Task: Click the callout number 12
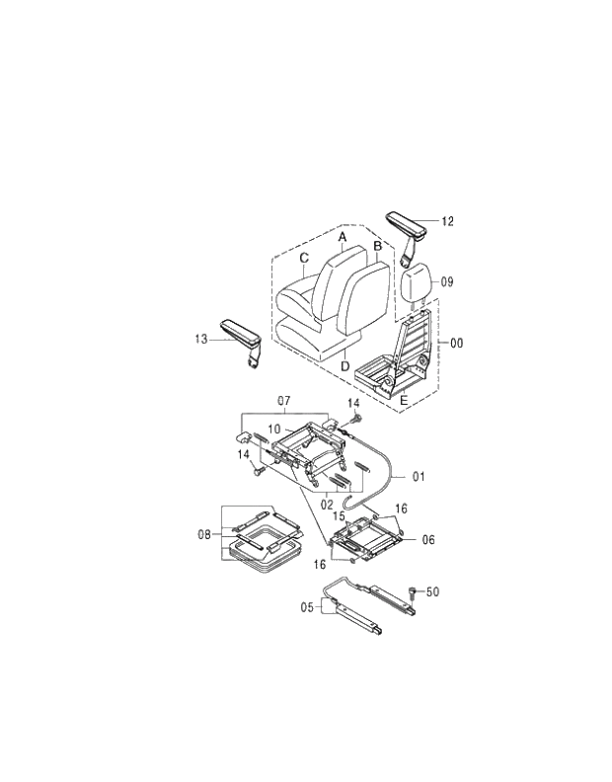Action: (x=447, y=221)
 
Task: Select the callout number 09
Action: (x=446, y=281)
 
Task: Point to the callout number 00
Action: (x=456, y=343)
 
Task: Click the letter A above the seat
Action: (x=342, y=238)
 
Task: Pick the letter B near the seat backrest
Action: (x=377, y=245)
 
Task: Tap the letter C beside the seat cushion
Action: (x=304, y=259)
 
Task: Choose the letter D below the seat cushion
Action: (x=344, y=367)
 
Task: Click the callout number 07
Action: (x=282, y=401)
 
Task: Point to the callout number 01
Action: (x=418, y=477)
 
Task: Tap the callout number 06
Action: (x=428, y=539)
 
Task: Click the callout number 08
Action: (x=204, y=534)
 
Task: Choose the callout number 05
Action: (x=306, y=608)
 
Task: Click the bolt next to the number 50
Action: (x=412, y=592)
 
